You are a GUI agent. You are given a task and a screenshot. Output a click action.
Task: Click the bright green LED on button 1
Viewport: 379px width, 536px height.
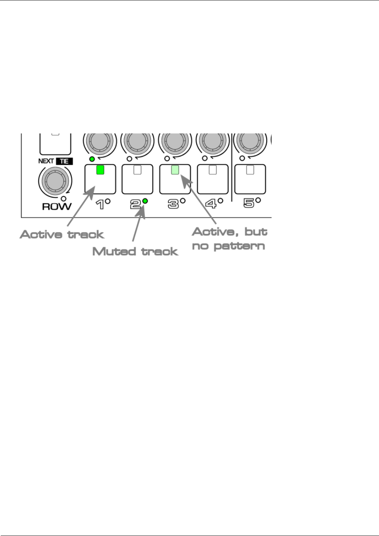point(100,170)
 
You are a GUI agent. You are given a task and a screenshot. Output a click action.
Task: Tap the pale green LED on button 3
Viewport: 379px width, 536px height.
point(175,170)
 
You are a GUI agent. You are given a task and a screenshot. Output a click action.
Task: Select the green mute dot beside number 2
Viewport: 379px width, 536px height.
point(145,201)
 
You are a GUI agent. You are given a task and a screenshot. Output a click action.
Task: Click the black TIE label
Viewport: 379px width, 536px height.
point(64,161)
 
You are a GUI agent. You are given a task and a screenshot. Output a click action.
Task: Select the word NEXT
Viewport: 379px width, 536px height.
point(46,161)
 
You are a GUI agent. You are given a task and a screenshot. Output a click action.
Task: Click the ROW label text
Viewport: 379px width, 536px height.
point(56,206)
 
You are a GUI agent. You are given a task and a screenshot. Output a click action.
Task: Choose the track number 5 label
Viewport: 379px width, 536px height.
point(249,203)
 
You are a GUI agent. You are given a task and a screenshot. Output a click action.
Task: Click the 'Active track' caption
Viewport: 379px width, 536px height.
point(62,235)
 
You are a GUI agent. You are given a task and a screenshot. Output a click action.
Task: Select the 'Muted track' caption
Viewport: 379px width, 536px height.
point(135,251)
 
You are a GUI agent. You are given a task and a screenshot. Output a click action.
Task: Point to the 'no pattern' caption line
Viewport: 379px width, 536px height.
point(228,246)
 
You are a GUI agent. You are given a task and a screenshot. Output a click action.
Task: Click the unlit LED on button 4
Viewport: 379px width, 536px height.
point(213,170)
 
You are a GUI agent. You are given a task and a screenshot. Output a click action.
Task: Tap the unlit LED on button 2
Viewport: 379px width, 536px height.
point(138,170)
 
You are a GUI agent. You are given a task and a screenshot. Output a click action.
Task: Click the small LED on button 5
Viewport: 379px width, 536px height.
point(250,170)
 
